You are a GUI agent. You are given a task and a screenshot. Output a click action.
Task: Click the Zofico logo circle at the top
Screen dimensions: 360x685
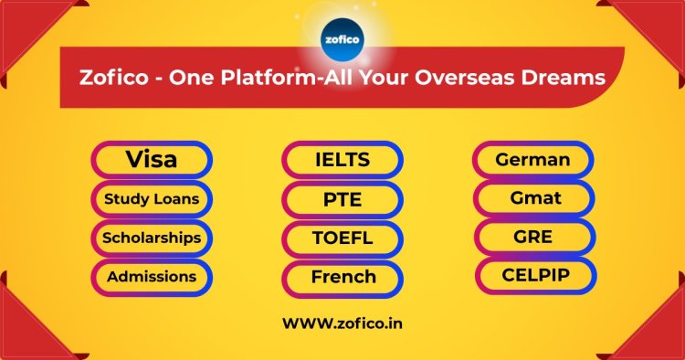[342, 40]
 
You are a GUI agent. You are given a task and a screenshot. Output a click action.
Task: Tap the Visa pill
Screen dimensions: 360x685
[152, 160]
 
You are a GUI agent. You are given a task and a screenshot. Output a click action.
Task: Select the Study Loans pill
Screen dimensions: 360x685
[152, 198]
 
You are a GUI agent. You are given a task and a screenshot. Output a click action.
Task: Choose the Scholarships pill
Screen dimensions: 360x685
[152, 238]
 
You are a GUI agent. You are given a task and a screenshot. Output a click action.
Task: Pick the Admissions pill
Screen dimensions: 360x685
[152, 276]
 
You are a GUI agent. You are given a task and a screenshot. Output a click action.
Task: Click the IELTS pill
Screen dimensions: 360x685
[342, 160]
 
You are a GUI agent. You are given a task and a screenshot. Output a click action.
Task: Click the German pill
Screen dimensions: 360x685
[533, 160]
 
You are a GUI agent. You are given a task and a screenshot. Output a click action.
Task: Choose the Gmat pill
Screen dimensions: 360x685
[533, 197]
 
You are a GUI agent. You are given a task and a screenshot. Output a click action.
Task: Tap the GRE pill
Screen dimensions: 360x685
[533, 236]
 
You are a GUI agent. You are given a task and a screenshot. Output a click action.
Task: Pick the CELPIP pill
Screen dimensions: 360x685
[533, 274]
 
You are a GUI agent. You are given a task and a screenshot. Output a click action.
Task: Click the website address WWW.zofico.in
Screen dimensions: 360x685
[342, 323]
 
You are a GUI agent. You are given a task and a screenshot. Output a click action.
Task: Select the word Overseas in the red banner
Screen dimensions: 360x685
[459, 78]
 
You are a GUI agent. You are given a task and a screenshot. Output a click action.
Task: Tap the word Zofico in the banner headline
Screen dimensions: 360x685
[114, 78]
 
